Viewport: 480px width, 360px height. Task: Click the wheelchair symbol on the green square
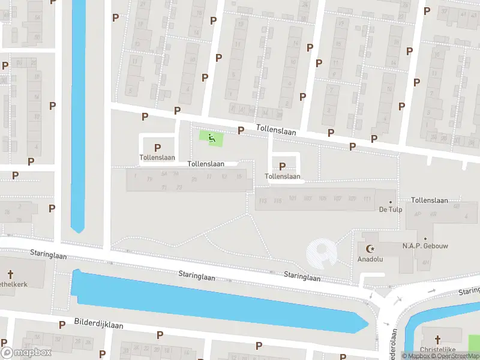pos(211,139)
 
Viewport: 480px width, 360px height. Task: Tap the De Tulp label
pos(390,209)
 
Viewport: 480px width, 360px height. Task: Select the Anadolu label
pos(370,260)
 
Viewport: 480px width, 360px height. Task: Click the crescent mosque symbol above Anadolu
pos(370,248)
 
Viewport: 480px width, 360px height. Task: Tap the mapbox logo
pos(26,352)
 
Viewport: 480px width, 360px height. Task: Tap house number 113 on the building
pos(262,200)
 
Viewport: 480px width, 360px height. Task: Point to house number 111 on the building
pos(368,198)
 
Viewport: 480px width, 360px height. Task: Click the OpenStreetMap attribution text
pos(457,356)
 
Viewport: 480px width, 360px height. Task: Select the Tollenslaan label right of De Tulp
pos(430,200)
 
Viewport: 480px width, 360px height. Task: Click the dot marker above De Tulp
pos(391,202)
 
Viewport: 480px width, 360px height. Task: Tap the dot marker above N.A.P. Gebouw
pos(425,239)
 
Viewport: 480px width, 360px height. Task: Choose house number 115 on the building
pos(277,200)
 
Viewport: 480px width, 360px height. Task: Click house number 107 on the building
pos(337,198)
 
